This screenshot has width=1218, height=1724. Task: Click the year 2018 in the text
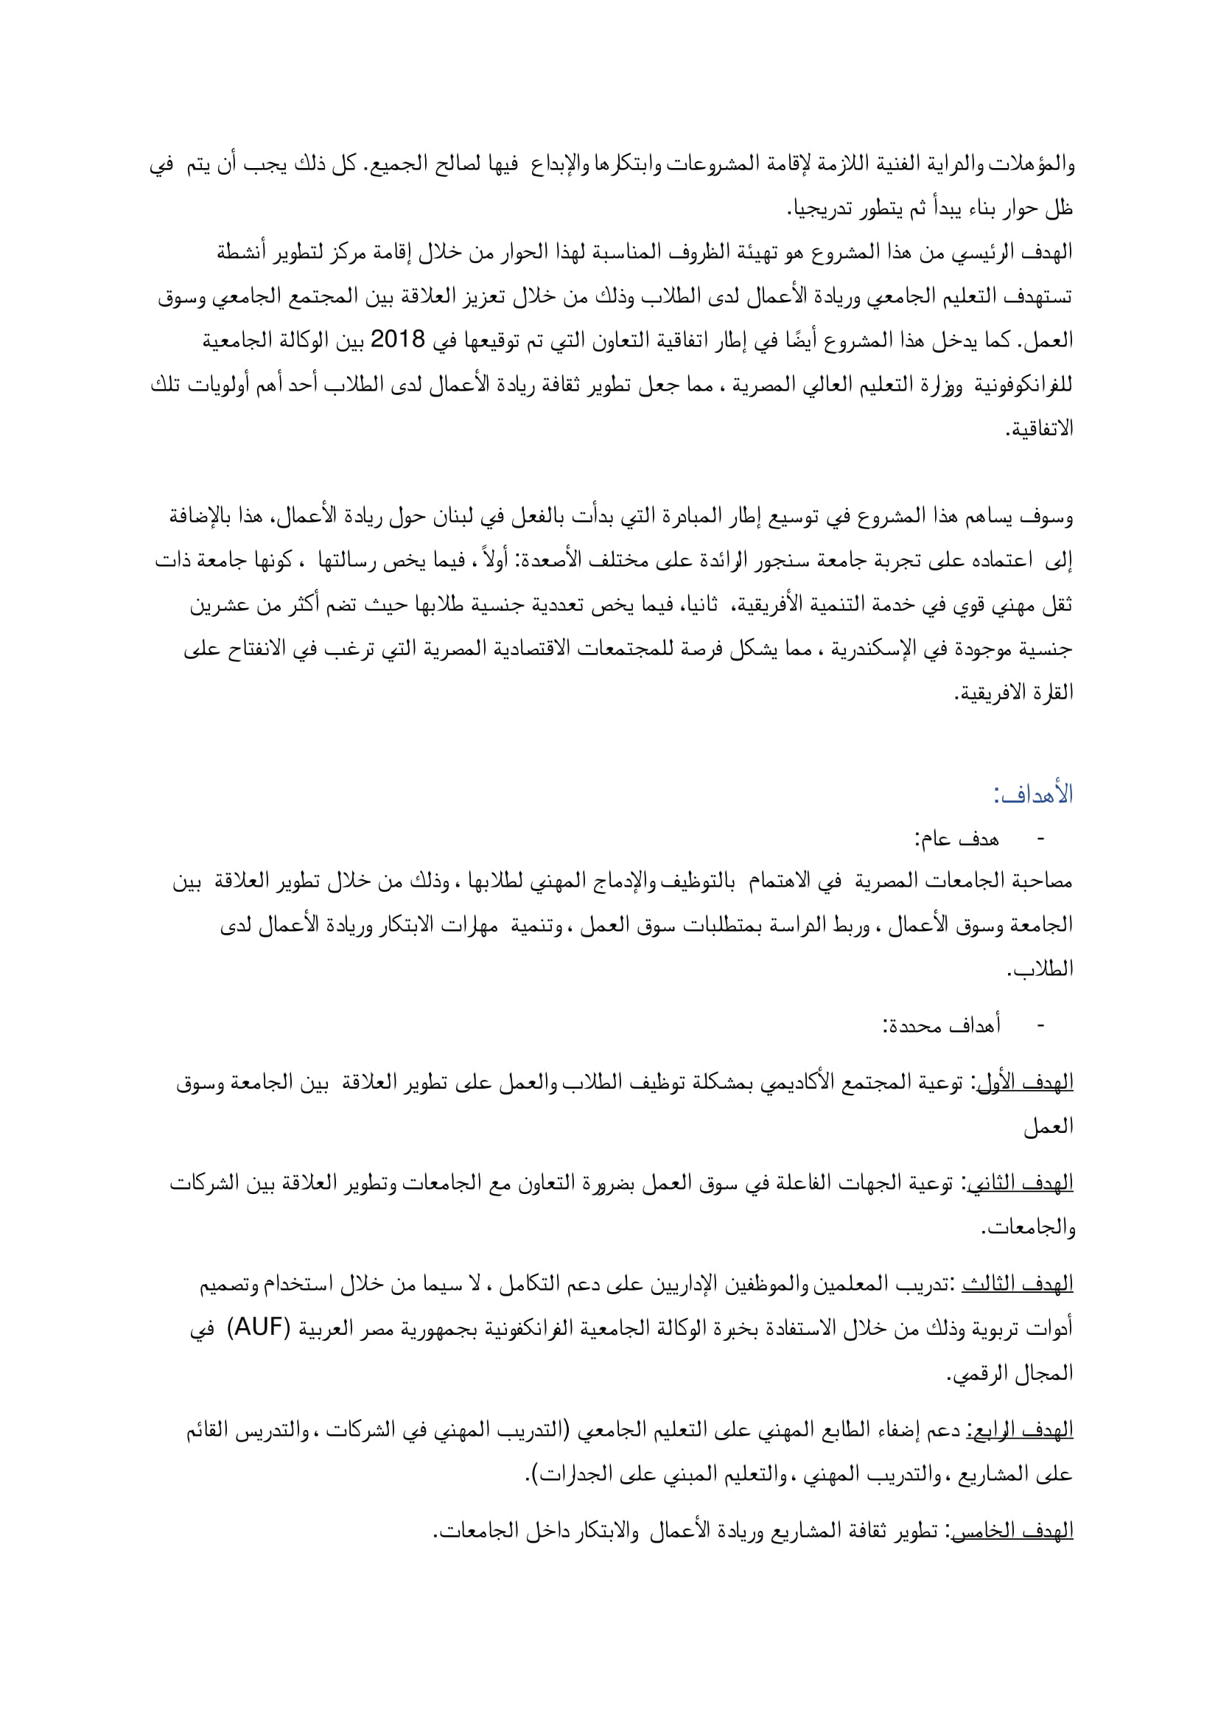(398, 339)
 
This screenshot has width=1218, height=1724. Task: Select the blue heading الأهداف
(1032, 795)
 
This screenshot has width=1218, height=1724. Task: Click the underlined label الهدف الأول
(1026, 1082)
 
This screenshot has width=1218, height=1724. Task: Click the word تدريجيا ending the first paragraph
(820, 209)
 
